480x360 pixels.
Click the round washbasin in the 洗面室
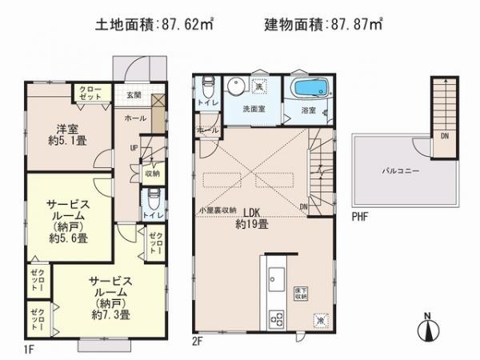click(236, 87)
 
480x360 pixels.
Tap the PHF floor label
click(359, 214)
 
